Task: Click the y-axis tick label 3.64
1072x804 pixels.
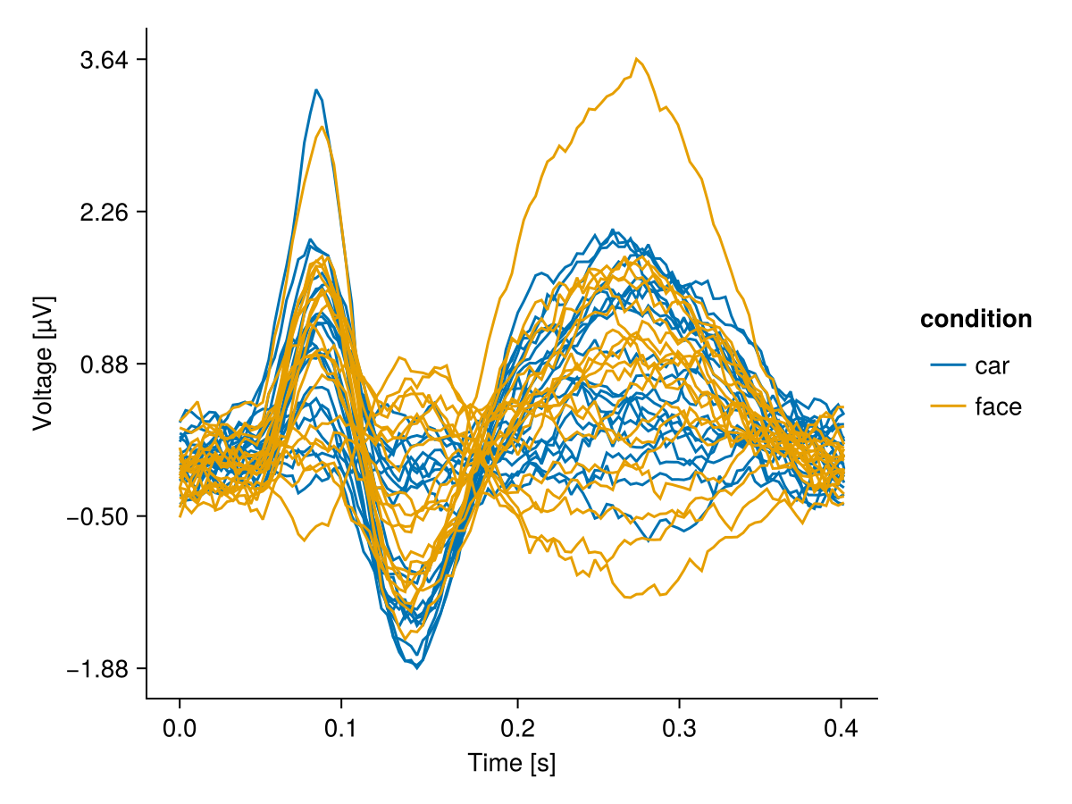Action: (x=104, y=60)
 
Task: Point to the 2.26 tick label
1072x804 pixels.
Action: (x=104, y=213)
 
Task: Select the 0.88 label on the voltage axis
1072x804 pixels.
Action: (x=104, y=364)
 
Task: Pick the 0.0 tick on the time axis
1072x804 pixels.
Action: (x=180, y=729)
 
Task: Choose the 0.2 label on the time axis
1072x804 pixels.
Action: (x=512, y=729)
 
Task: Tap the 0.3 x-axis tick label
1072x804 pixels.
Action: (x=678, y=729)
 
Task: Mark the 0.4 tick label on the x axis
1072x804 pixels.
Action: (x=842, y=729)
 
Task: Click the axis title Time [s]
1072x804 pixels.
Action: (x=512, y=764)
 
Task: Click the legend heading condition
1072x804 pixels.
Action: (x=976, y=319)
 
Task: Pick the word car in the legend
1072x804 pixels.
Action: (x=992, y=365)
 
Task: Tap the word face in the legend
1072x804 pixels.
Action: (x=998, y=406)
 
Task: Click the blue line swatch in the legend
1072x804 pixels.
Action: (x=948, y=365)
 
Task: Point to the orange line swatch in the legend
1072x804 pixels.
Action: (x=948, y=406)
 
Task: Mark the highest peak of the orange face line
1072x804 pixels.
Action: (x=637, y=59)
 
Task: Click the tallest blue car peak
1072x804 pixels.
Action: (x=316, y=89)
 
